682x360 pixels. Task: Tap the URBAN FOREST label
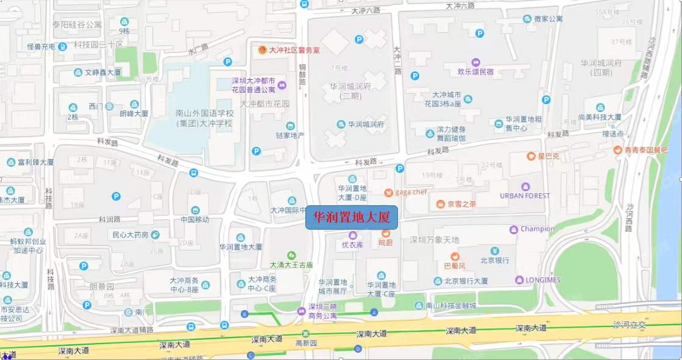tap(525, 196)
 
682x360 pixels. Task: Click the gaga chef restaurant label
tap(411, 192)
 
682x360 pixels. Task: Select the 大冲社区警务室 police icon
tap(263, 50)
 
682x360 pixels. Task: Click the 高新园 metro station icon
tap(305, 334)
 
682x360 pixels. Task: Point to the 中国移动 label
tap(194, 219)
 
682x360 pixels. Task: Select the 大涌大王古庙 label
tap(291, 265)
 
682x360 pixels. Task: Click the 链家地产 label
tap(290, 135)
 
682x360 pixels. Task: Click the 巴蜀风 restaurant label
tap(454, 266)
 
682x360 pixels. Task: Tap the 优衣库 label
tap(352, 244)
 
